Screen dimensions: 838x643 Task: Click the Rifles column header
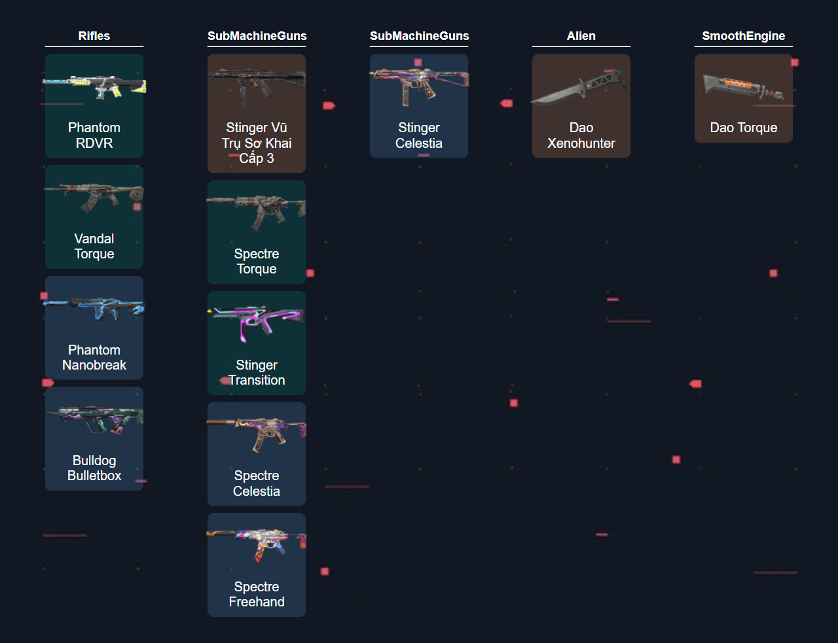(94, 36)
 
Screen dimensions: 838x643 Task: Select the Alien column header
(581, 36)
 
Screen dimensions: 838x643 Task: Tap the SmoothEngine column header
(744, 36)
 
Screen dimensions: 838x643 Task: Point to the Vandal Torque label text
(94, 246)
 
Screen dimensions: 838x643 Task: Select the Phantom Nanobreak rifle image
(94, 309)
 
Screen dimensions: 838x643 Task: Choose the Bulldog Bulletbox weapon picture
(94, 420)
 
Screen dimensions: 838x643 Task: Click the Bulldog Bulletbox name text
(94, 468)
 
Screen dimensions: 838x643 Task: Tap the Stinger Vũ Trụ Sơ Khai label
(257, 143)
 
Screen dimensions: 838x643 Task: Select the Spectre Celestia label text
(257, 483)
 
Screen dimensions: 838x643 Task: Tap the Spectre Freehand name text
(257, 594)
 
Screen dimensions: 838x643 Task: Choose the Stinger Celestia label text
(419, 135)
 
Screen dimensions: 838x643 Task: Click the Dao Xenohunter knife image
(579, 87)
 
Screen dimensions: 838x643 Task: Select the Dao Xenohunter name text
(581, 135)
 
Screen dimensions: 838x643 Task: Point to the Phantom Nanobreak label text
(94, 357)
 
